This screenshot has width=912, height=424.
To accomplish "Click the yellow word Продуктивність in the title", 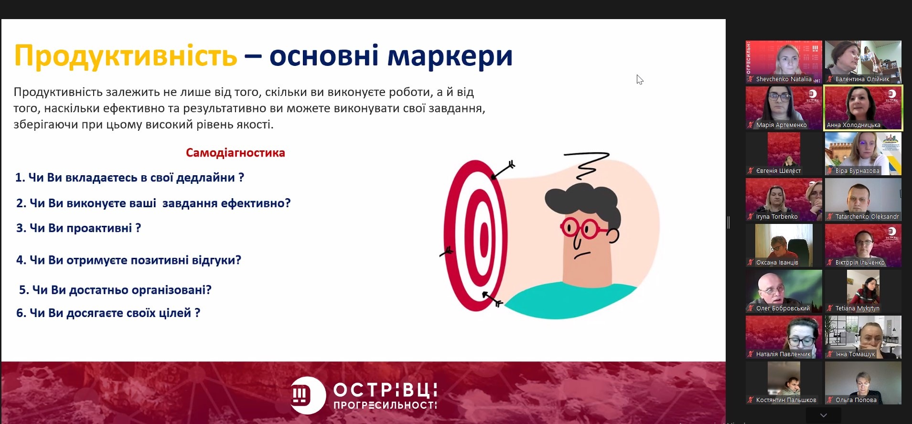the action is pos(126,56).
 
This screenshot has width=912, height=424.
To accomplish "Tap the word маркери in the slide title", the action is pos(450,56).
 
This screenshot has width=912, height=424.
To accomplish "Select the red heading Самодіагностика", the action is pos(236,153).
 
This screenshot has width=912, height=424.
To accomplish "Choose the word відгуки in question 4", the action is pos(216,260).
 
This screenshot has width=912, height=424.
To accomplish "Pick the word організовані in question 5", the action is pos(172,290).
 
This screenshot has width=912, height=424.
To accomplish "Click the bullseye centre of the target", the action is pos(483,235).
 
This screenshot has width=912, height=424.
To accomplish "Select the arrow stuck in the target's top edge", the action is pos(503,170).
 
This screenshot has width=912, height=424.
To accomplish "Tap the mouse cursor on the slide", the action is pos(640,79).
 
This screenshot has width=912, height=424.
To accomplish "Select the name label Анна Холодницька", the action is pos(853,125).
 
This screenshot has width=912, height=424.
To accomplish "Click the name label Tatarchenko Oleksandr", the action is pos(867,217).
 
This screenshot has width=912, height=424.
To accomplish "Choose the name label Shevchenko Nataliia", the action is pos(783,79).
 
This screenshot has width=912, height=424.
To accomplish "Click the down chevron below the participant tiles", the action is pos(823,415).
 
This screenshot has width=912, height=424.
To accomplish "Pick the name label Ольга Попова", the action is pos(856,400).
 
